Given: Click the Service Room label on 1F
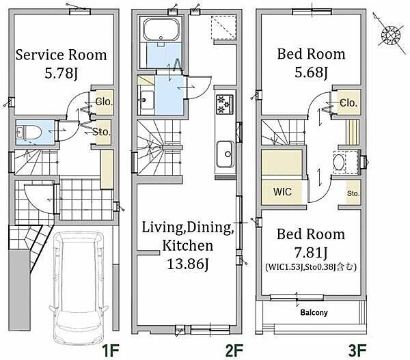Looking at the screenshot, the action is point(61,55).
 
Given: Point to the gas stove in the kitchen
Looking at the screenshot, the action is point(224,105).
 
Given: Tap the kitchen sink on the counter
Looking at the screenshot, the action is point(225,154).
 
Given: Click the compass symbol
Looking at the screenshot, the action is point(391,34).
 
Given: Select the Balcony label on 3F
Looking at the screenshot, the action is point(314,312).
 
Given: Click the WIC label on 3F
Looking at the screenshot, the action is point(282,192).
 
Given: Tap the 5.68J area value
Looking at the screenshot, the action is point(311,72).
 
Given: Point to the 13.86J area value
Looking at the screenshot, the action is point(188,264).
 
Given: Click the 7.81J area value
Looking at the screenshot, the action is point(311,253).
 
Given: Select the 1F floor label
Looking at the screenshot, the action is point(111,350).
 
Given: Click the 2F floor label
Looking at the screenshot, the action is point(234,350).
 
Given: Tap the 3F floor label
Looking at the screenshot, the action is point(357,350).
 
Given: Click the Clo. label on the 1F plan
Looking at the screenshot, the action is point(104,102).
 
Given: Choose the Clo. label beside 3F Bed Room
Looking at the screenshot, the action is point(348,103).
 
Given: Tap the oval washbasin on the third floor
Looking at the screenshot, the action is point(339,163).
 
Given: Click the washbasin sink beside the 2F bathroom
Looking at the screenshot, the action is point(147,100).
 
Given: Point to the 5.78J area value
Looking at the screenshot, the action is point(61,74).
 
